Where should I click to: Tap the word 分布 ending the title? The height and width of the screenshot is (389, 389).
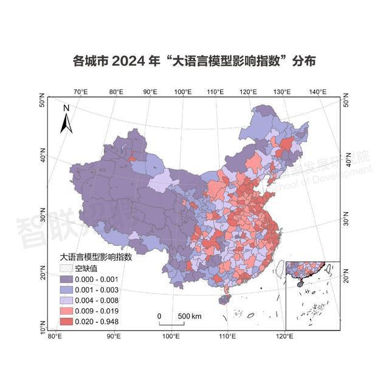(303, 62)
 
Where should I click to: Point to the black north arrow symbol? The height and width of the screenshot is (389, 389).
(67, 123)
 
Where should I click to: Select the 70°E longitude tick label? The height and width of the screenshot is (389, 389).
(80, 91)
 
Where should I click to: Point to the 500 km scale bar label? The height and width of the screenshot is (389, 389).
(189, 317)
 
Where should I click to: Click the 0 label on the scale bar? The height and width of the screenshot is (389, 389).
(159, 317)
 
